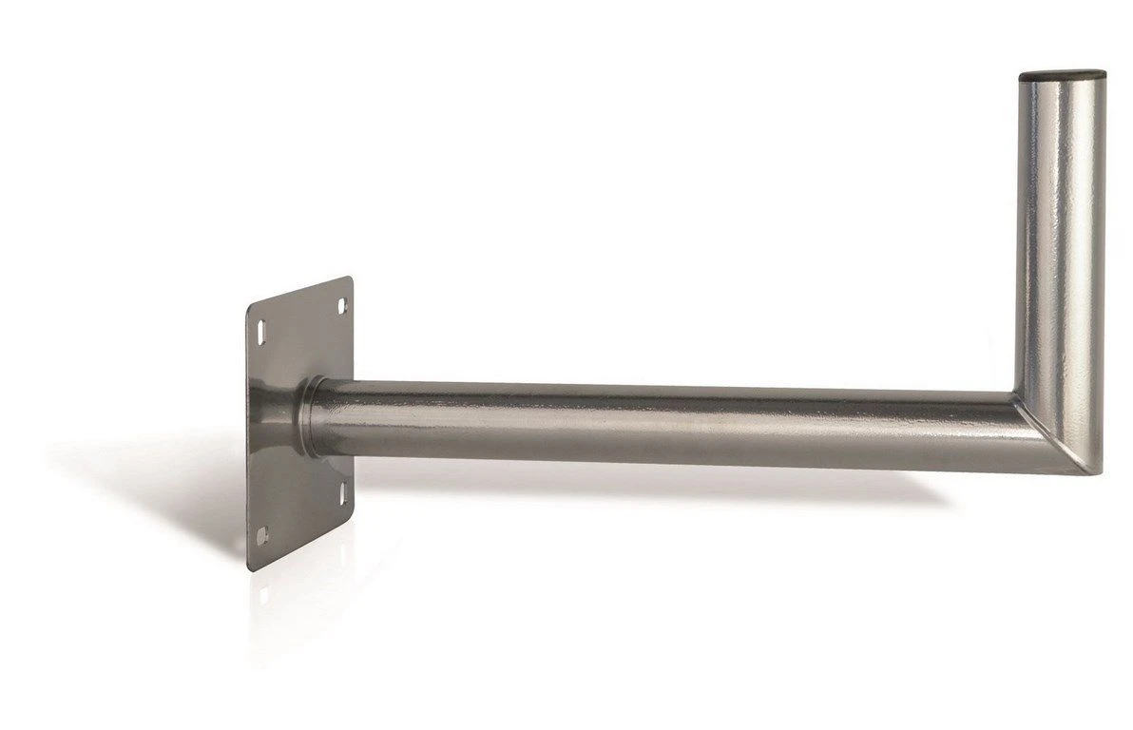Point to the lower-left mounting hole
pyautogui.click(x=262, y=533)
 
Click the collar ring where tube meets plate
pyautogui.click(x=310, y=418)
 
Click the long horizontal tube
pyautogui.click(x=665, y=423)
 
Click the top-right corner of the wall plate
pyautogui.click(x=351, y=279)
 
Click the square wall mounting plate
pyautogui.click(x=285, y=447)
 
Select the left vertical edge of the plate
pyautogui.click(x=248, y=437)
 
